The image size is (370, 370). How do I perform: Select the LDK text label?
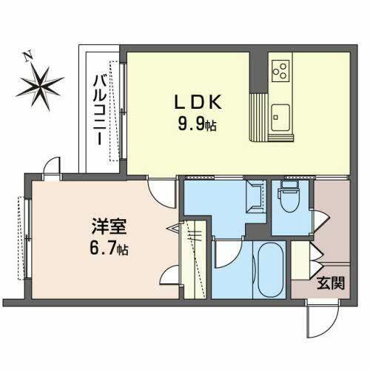pos(192,102)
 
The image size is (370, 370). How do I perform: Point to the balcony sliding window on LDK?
pos(125,111)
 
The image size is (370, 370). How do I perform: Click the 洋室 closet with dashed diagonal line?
pos(194,259)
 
